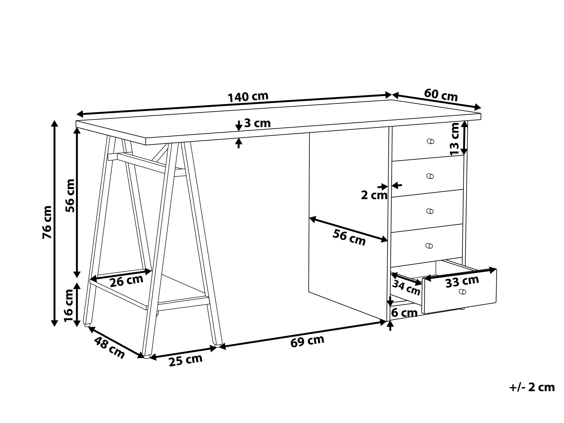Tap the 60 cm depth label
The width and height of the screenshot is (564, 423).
(441, 95)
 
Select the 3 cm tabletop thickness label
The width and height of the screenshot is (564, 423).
(257, 124)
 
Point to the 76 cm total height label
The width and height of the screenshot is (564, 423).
(47, 222)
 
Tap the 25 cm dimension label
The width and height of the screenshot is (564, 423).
(186, 360)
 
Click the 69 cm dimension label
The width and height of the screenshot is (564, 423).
(307, 341)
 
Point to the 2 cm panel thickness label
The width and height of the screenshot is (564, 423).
(374, 196)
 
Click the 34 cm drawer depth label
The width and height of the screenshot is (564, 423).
(406, 288)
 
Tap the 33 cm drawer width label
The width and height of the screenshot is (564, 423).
(462, 281)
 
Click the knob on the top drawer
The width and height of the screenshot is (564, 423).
(430, 141)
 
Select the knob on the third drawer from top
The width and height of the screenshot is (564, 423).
(430, 211)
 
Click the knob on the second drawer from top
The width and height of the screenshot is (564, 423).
(430, 176)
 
